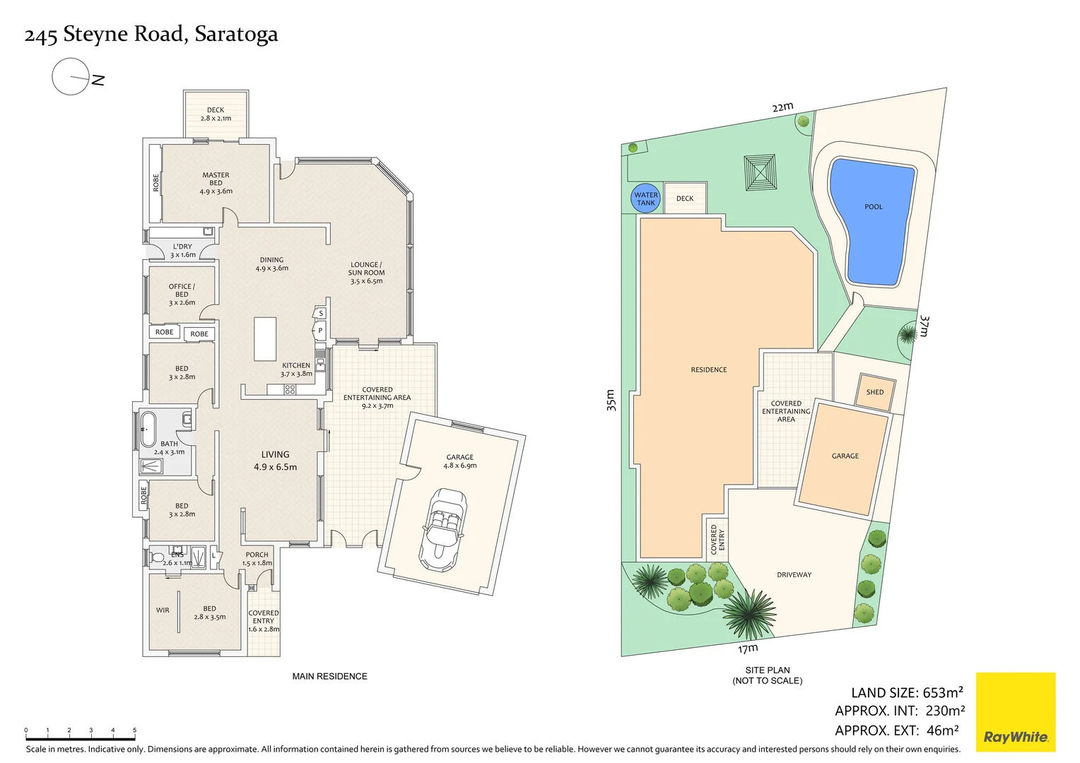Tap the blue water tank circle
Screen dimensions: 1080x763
[x=645, y=199]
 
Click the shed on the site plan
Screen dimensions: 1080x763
[x=874, y=392]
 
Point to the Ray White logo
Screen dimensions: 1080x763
[x=1016, y=711]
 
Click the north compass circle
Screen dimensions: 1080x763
[x=71, y=76]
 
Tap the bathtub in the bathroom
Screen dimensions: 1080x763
[x=148, y=429]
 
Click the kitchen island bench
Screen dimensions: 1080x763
[x=264, y=339]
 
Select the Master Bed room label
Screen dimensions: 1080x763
[x=216, y=183]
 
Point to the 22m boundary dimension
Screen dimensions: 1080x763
[x=782, y=107]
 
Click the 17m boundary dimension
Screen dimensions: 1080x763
[x=748, y=649]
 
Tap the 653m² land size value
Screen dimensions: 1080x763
[x=943, y=692]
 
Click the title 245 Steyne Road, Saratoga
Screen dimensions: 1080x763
[x=151, y=35]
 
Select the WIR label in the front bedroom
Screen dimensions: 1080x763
[x=163, y=610]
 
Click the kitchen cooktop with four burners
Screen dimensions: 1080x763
[x=290, y=389]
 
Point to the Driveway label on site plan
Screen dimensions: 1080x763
[x=794, y=574]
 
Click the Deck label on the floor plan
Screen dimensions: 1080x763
[x=216, y=110]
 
